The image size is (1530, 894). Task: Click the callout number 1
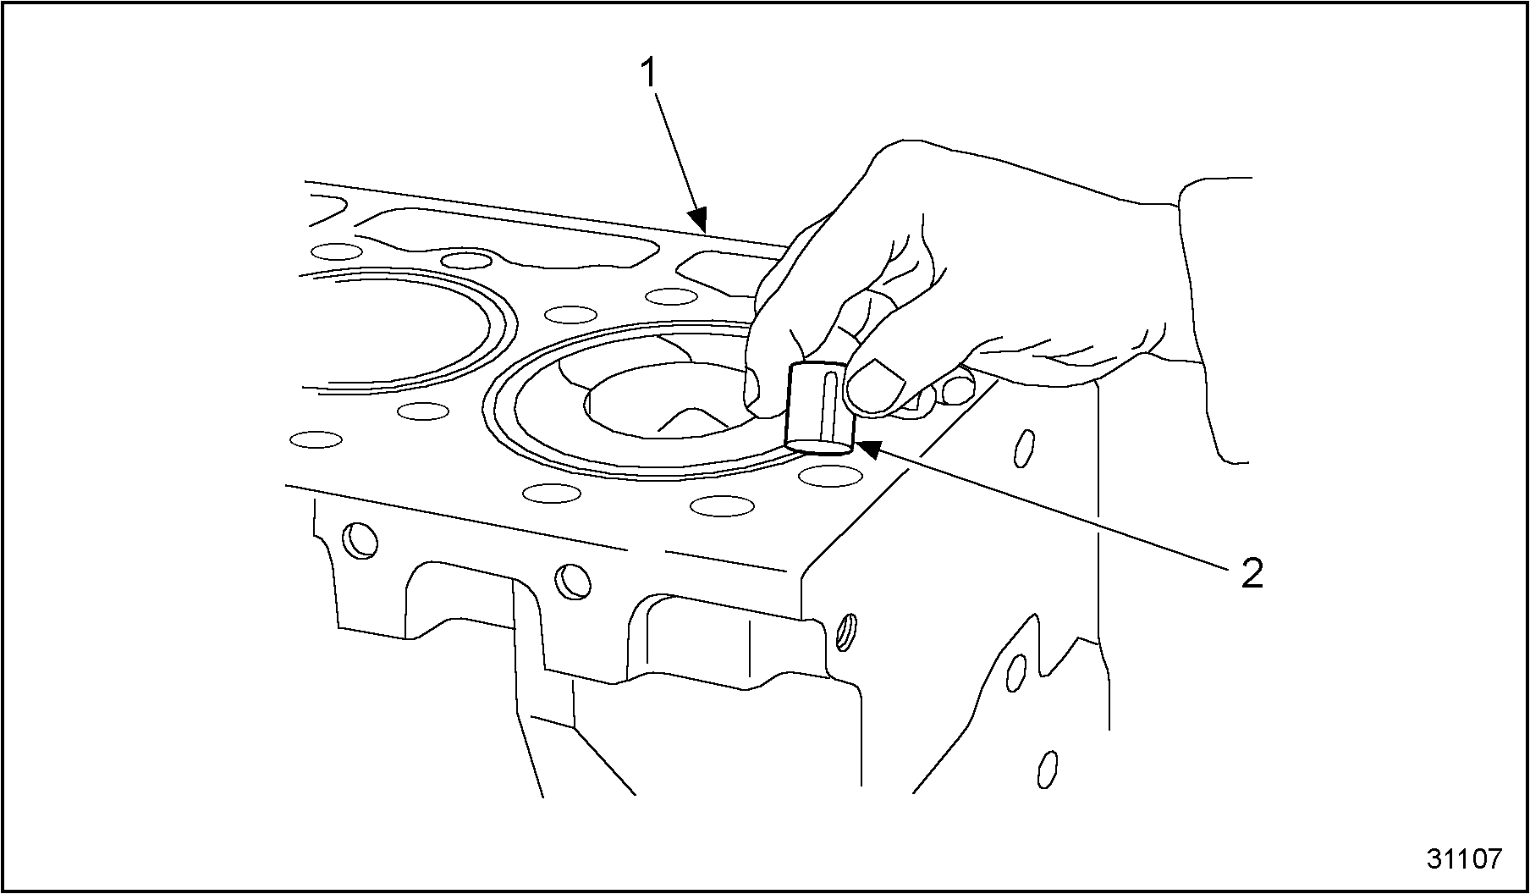pos(649,74)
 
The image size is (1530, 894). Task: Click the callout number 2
pos(1252,574)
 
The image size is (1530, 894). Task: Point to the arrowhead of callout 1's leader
pos(699,222)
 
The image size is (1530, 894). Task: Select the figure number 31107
pos(1465,858)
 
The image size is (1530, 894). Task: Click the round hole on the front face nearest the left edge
pos(359,539)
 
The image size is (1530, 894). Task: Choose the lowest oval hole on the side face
pos(1048,769)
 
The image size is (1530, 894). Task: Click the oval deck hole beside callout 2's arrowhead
pos(831,475)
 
